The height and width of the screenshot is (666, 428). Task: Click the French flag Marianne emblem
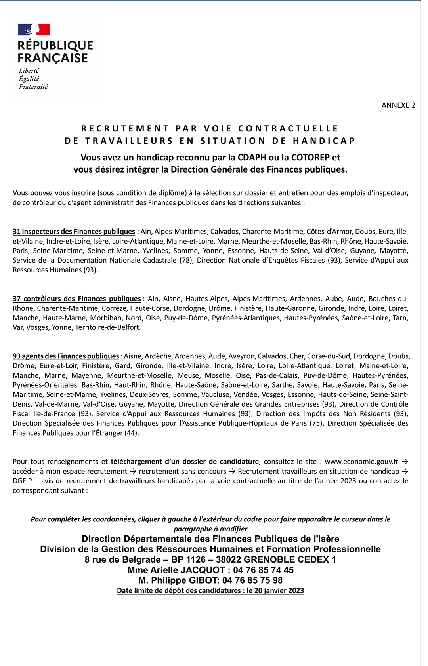coord(34,30)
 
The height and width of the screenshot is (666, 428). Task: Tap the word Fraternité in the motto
coord(33,87)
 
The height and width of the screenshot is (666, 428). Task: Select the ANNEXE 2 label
coord(398,105)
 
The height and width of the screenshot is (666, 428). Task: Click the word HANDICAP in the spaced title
coord(324,141)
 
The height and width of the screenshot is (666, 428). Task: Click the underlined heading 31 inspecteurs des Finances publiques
coord(74,232)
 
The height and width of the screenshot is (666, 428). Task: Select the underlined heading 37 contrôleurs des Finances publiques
coord(76,299)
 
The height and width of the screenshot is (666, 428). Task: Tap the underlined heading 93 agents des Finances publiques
coord(66,356)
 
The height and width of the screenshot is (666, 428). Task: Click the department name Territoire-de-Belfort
coord(108,327)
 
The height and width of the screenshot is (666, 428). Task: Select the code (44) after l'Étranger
coord(132,433)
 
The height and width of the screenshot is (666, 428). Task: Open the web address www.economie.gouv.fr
coord(361,462)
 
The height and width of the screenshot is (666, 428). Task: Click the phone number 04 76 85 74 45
coord(264,570)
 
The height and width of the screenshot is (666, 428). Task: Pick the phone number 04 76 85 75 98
coord(252,580)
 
